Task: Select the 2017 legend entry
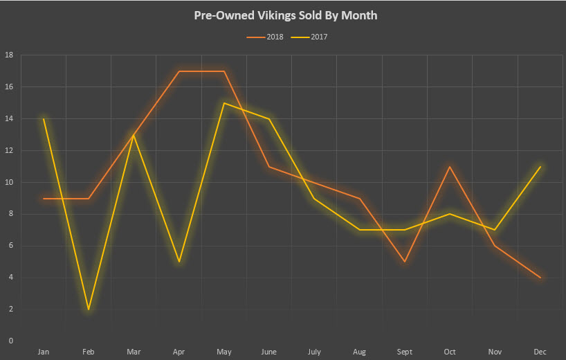312,37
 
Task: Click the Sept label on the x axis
404,352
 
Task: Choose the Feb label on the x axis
89,352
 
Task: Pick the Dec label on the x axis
540,352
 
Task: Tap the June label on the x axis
269,352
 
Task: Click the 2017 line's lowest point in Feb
89,309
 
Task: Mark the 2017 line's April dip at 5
179,262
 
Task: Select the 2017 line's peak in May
224,103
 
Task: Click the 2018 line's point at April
179,71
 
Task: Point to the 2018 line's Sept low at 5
404,262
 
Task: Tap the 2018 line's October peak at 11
450,167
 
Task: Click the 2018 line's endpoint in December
540,278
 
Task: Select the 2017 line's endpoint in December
540,167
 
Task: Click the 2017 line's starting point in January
44,119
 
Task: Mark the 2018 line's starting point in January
44,199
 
